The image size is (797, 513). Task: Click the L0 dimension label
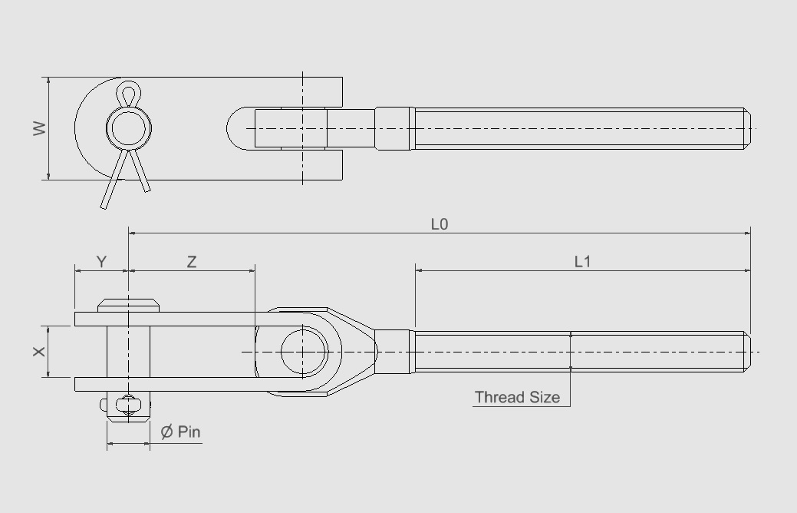pos(439,224)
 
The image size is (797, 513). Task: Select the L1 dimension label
pos(583,262)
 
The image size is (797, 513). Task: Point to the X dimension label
pos(39,351)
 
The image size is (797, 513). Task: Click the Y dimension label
pos(101,262)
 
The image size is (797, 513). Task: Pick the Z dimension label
pos(192,262)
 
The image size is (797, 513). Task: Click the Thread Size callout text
pos(516,397)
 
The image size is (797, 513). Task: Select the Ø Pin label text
pos(180,432)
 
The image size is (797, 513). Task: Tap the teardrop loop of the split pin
pos(127,94)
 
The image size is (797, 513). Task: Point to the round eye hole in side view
pos(304,351)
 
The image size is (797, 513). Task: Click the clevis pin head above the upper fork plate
pos(128,304)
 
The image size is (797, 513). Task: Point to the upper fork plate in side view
pos(169,318)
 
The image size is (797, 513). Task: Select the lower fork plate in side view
pos(169,384)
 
